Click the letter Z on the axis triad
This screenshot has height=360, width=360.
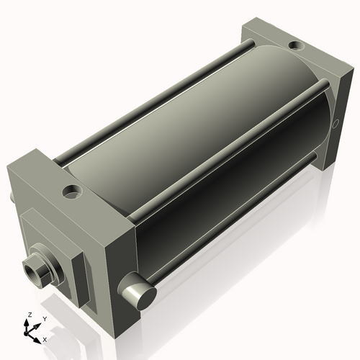click(x=28, y=315)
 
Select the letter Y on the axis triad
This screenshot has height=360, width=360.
click(x=45, y=318)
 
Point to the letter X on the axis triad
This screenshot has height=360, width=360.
click(x=45, y=338)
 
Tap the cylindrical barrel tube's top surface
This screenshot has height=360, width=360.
click(x=194, y=108)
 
